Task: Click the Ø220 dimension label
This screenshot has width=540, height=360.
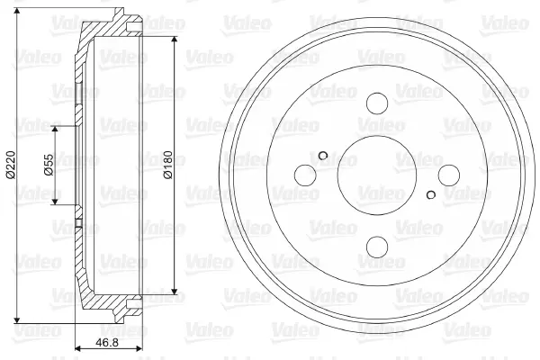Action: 11,165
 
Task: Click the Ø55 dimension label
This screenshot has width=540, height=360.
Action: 49,165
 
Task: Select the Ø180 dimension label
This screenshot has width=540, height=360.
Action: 168,165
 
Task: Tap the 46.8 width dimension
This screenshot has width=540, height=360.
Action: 107,342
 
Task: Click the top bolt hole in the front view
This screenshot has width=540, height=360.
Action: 377,103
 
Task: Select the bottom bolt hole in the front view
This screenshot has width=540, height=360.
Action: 377,247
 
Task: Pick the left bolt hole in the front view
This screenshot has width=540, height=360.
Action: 305,175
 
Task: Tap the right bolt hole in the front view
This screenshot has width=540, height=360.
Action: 449,175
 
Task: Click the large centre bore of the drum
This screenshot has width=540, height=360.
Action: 377,175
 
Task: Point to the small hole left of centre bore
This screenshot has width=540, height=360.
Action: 323,156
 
